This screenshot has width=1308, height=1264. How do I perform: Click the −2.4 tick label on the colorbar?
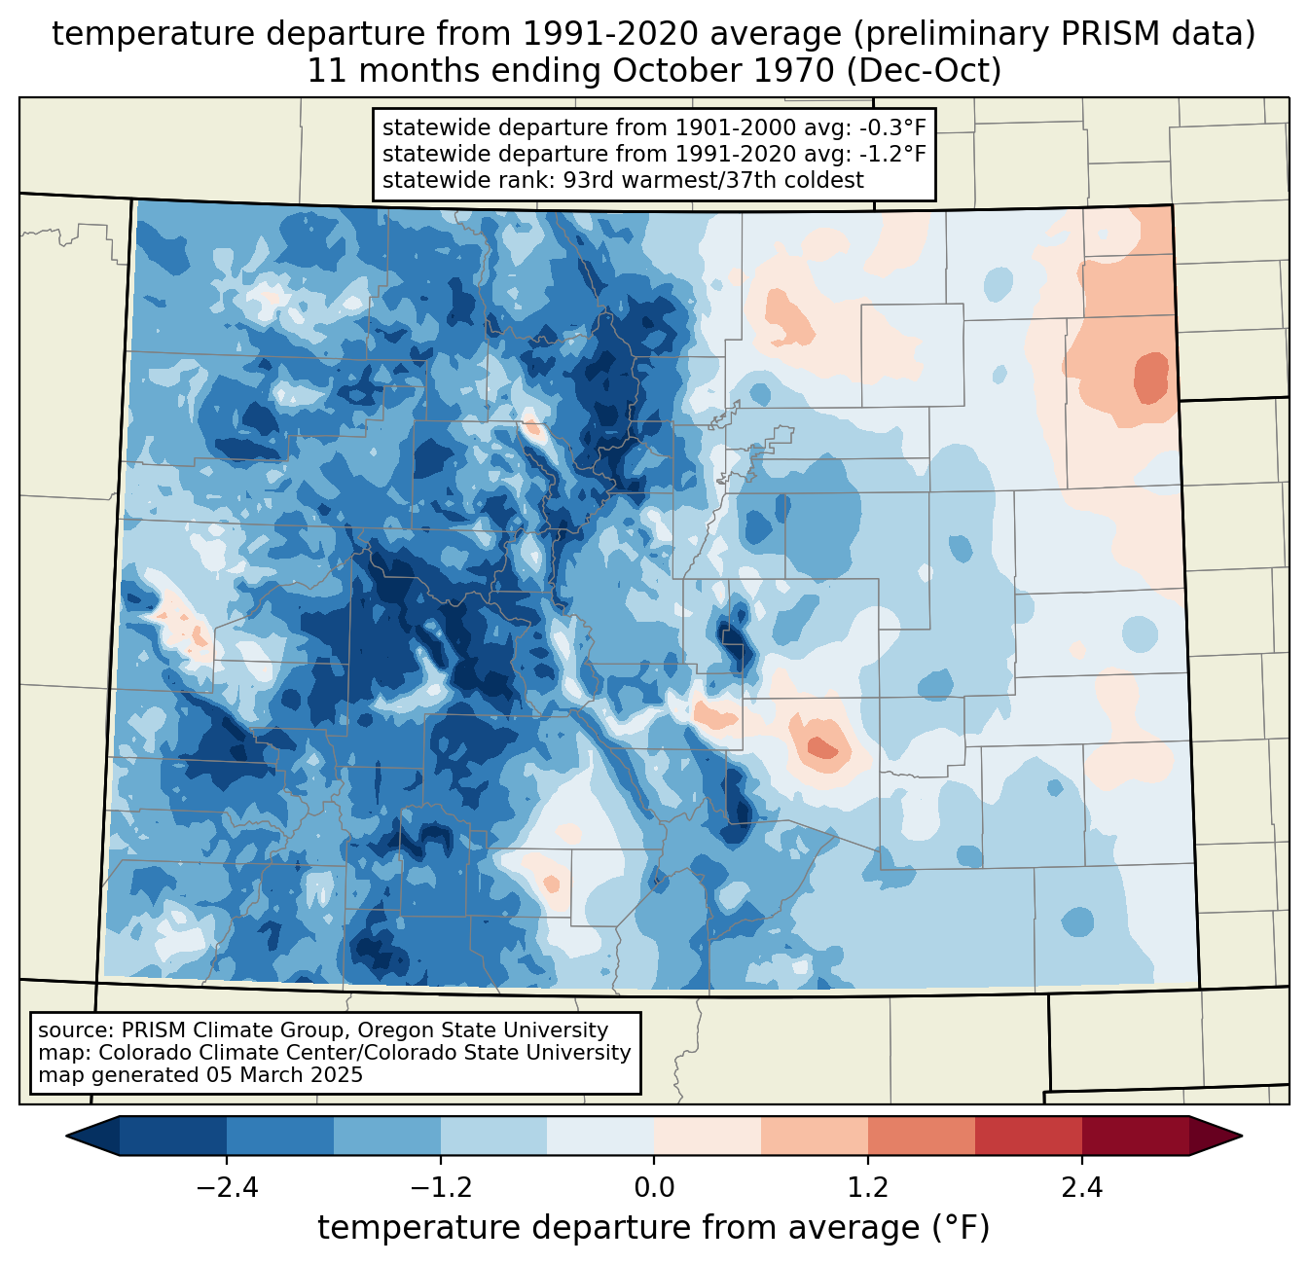pos(227,1187)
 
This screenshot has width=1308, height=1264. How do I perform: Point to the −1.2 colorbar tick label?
pos(441,1187)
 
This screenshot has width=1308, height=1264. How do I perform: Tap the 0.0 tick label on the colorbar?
pos(654,1187)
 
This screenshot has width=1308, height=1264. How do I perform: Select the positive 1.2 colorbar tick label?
pos(868,1187)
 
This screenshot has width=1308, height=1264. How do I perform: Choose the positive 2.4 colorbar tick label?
pos(1081,1187)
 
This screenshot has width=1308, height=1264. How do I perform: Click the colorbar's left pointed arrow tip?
pos(66,1137)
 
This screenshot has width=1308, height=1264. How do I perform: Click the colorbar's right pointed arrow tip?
pos(1242,1137)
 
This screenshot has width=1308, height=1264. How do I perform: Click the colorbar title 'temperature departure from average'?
pos(618,1228)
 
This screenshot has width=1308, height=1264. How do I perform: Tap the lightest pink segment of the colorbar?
pos(708,1137)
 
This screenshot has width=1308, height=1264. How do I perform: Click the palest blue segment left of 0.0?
pos(600,1137)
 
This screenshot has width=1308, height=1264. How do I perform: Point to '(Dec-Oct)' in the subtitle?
pos(923,71)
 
